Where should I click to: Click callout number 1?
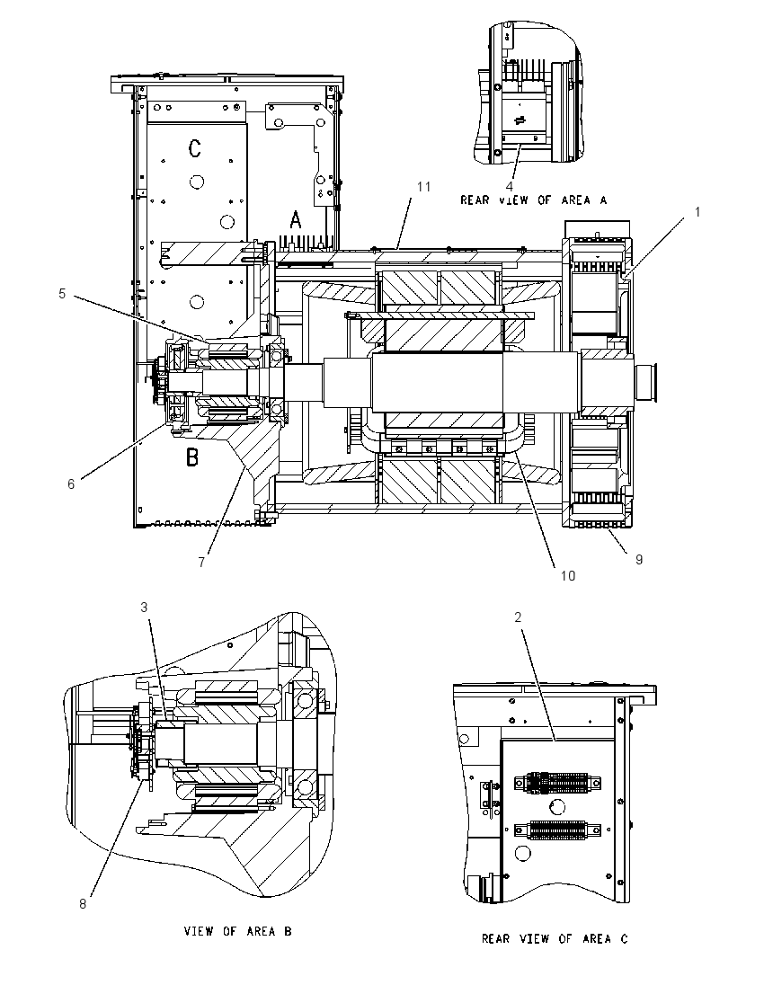click(x=697, y=212)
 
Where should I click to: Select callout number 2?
click(x=518, y=617)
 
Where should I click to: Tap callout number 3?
click(x=144, y=608)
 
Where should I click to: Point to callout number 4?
click(x=510, y=187)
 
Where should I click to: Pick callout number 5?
click(x=62, y=293)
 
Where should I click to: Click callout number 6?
click(x=71, y=484)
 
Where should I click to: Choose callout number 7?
click(x=201, y=563)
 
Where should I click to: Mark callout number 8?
click(x=83, y=904)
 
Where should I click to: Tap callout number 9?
click(x=639, y=560)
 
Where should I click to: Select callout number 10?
click(x=567, y=576)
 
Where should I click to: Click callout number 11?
click(x=424, y=187)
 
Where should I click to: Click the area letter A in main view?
click(x=296, y=220)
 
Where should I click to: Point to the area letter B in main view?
click(x=192, y=457)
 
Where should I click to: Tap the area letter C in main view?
click(x=195, y=149)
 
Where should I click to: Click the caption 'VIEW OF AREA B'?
click(x=237, y=931)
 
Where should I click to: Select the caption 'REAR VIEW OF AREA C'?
click(x=555, y=938)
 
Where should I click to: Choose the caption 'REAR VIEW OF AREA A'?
click(x=533, y=200)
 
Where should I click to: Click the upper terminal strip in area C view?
click(x=557, y=783)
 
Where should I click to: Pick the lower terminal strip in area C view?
click(x=557, y=830)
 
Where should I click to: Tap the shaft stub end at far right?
click(x=646, y=383)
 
